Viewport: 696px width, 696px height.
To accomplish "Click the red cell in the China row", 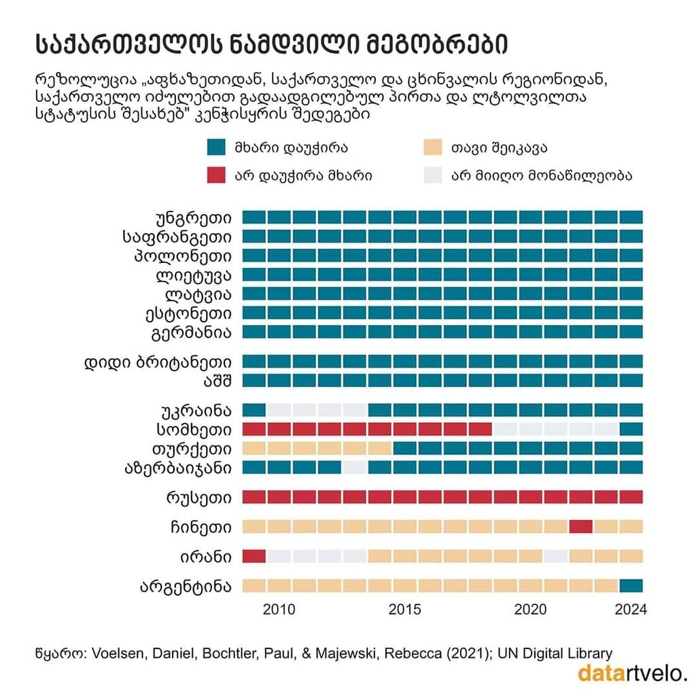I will coord(581,526).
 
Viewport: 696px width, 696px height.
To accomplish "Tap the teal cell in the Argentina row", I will coord(631,585).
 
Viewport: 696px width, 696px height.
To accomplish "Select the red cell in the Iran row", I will coord(254,556).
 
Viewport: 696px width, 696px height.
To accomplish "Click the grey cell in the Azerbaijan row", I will coord(355,467).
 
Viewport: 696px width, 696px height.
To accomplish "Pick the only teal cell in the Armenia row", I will coord(631,429).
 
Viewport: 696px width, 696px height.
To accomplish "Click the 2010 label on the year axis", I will coord(279,609).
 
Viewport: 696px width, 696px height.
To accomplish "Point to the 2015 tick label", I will coord(404,609).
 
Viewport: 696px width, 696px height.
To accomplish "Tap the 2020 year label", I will coord(530,609).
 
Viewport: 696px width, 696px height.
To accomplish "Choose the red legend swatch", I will coord(215,175).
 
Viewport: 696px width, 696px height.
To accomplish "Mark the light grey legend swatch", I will coord(433,175).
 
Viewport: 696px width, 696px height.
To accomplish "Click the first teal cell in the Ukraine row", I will coord(254,410).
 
